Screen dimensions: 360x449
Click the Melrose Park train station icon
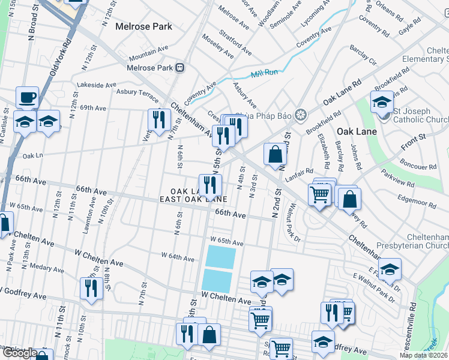[x=179, y=68]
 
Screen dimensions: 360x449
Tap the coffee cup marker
[x=28, y=98]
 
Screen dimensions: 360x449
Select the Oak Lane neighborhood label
[x=357, y=131]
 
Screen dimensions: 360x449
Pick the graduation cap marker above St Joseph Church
[x=382, y=103]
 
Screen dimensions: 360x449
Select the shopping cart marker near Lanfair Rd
[x=319, y=193]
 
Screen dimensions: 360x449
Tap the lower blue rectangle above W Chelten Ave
[x=217, y=280]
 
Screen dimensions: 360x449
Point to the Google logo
[x=20, y=353]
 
